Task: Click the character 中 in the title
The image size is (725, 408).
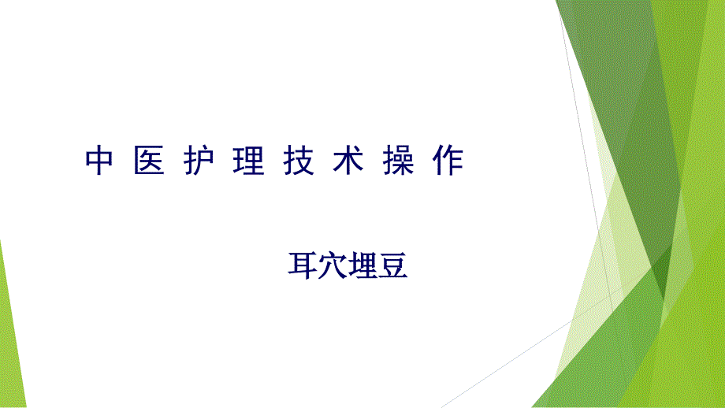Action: click(99, 161)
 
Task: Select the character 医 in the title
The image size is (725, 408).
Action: click(150, 161)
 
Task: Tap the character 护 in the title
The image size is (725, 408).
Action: click(199, 161)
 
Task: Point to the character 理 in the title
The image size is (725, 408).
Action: click(249, 161)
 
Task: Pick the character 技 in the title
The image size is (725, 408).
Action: click(299, 161)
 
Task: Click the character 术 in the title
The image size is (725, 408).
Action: click(348, 161)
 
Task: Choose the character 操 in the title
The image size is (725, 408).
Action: click(398, 161)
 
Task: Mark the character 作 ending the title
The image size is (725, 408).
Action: click(448, 161)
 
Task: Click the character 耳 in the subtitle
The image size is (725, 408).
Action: click(303, 265)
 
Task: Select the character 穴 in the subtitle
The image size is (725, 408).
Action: click(333, 265)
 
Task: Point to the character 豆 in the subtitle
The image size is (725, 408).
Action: click(393, 265)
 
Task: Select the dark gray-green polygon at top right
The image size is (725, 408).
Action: click(619, 92)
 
